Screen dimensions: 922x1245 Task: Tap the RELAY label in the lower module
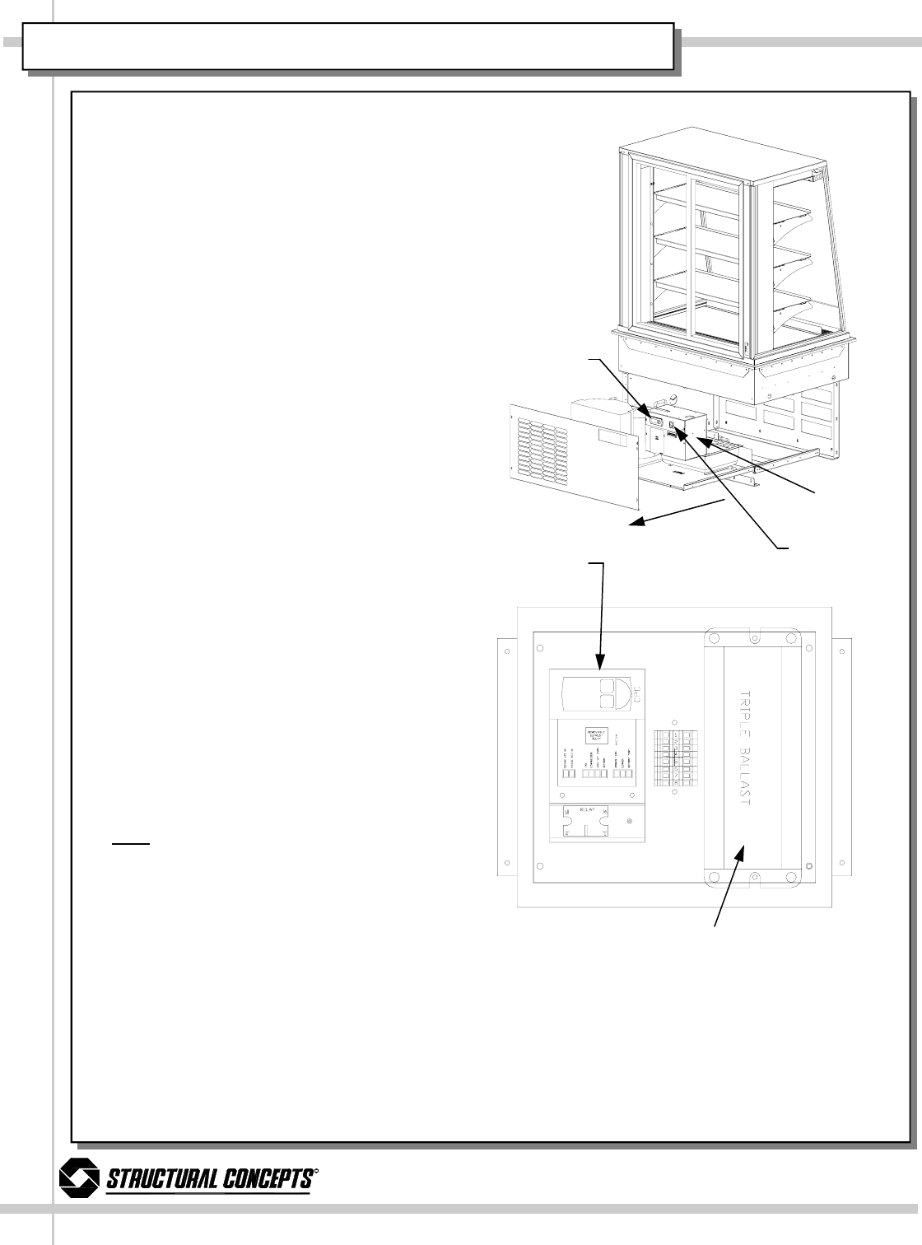[586, 809]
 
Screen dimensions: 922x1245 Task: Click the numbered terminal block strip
[673, 758]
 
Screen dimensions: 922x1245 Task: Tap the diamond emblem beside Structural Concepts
[79, 1179]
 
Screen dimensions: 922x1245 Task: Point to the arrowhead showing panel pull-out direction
[637, 520]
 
